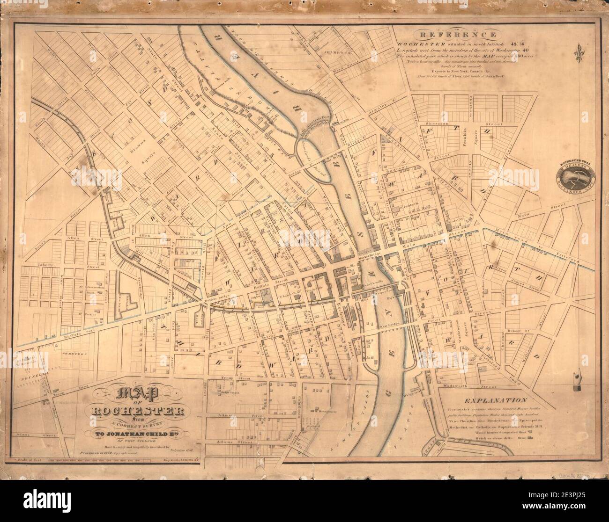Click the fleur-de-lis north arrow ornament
tap(580, 53)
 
